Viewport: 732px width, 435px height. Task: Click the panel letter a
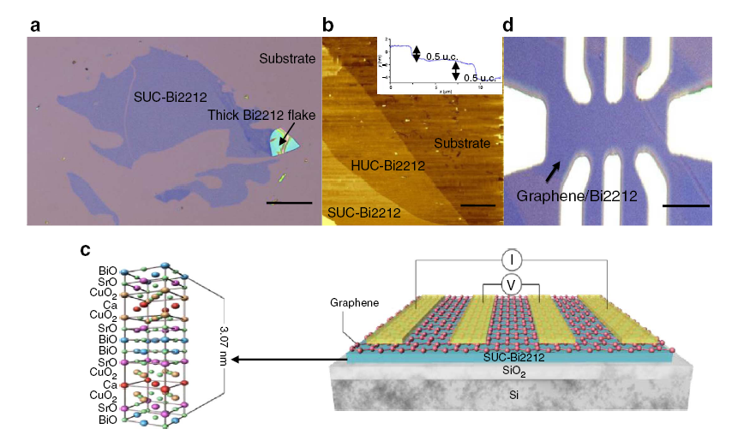coord(35,24)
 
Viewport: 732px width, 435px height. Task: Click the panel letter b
coord(328,24)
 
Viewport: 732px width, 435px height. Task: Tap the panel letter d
coord(508,24)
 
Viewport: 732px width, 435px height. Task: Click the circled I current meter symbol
coord(511,259)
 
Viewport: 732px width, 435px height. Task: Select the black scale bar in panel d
coord(686,206)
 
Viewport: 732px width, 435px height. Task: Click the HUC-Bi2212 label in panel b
coord(388,164)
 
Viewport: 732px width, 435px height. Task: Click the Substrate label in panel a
coord(288,58)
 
